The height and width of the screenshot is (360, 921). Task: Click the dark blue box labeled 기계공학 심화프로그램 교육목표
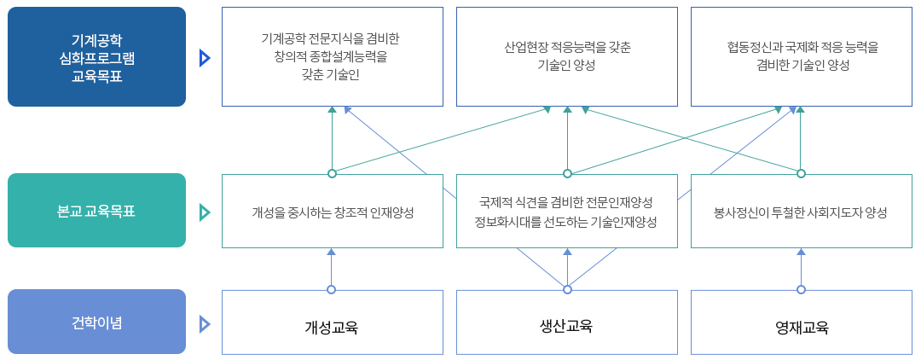coord(96,56)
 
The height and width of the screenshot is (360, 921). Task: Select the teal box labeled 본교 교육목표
coord(96,211)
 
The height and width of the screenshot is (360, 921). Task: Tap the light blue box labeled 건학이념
coord(96,322)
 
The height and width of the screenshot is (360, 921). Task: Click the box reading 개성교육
coord(332,327)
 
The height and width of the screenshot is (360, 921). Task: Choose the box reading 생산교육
coord(566,326)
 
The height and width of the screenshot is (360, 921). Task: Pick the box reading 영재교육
coord(801,327)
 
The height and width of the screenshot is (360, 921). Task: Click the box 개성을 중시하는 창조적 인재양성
coord(332,212)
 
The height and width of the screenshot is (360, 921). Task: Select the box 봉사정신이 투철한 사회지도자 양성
coord(801,212)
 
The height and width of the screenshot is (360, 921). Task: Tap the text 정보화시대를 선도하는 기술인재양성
coord(566,222)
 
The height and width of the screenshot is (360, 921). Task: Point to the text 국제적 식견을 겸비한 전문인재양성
coord(566,202)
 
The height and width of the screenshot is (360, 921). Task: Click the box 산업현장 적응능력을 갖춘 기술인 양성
coord(566,56)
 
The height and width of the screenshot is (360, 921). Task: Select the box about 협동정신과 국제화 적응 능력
coord(801,56)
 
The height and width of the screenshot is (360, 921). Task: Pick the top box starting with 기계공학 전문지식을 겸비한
coord(332,56)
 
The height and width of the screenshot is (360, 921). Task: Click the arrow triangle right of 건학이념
coord(204,323)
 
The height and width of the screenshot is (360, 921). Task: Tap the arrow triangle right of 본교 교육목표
coord(204,212)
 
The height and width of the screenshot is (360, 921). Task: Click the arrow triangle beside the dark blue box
coord(204,57)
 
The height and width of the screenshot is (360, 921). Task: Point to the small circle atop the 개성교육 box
coord(332,289)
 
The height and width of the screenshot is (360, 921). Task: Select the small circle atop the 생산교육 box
coord(567,289)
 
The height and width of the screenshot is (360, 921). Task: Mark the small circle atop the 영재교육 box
coord(801,289)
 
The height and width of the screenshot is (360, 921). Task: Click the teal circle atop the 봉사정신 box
coord(801,174)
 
